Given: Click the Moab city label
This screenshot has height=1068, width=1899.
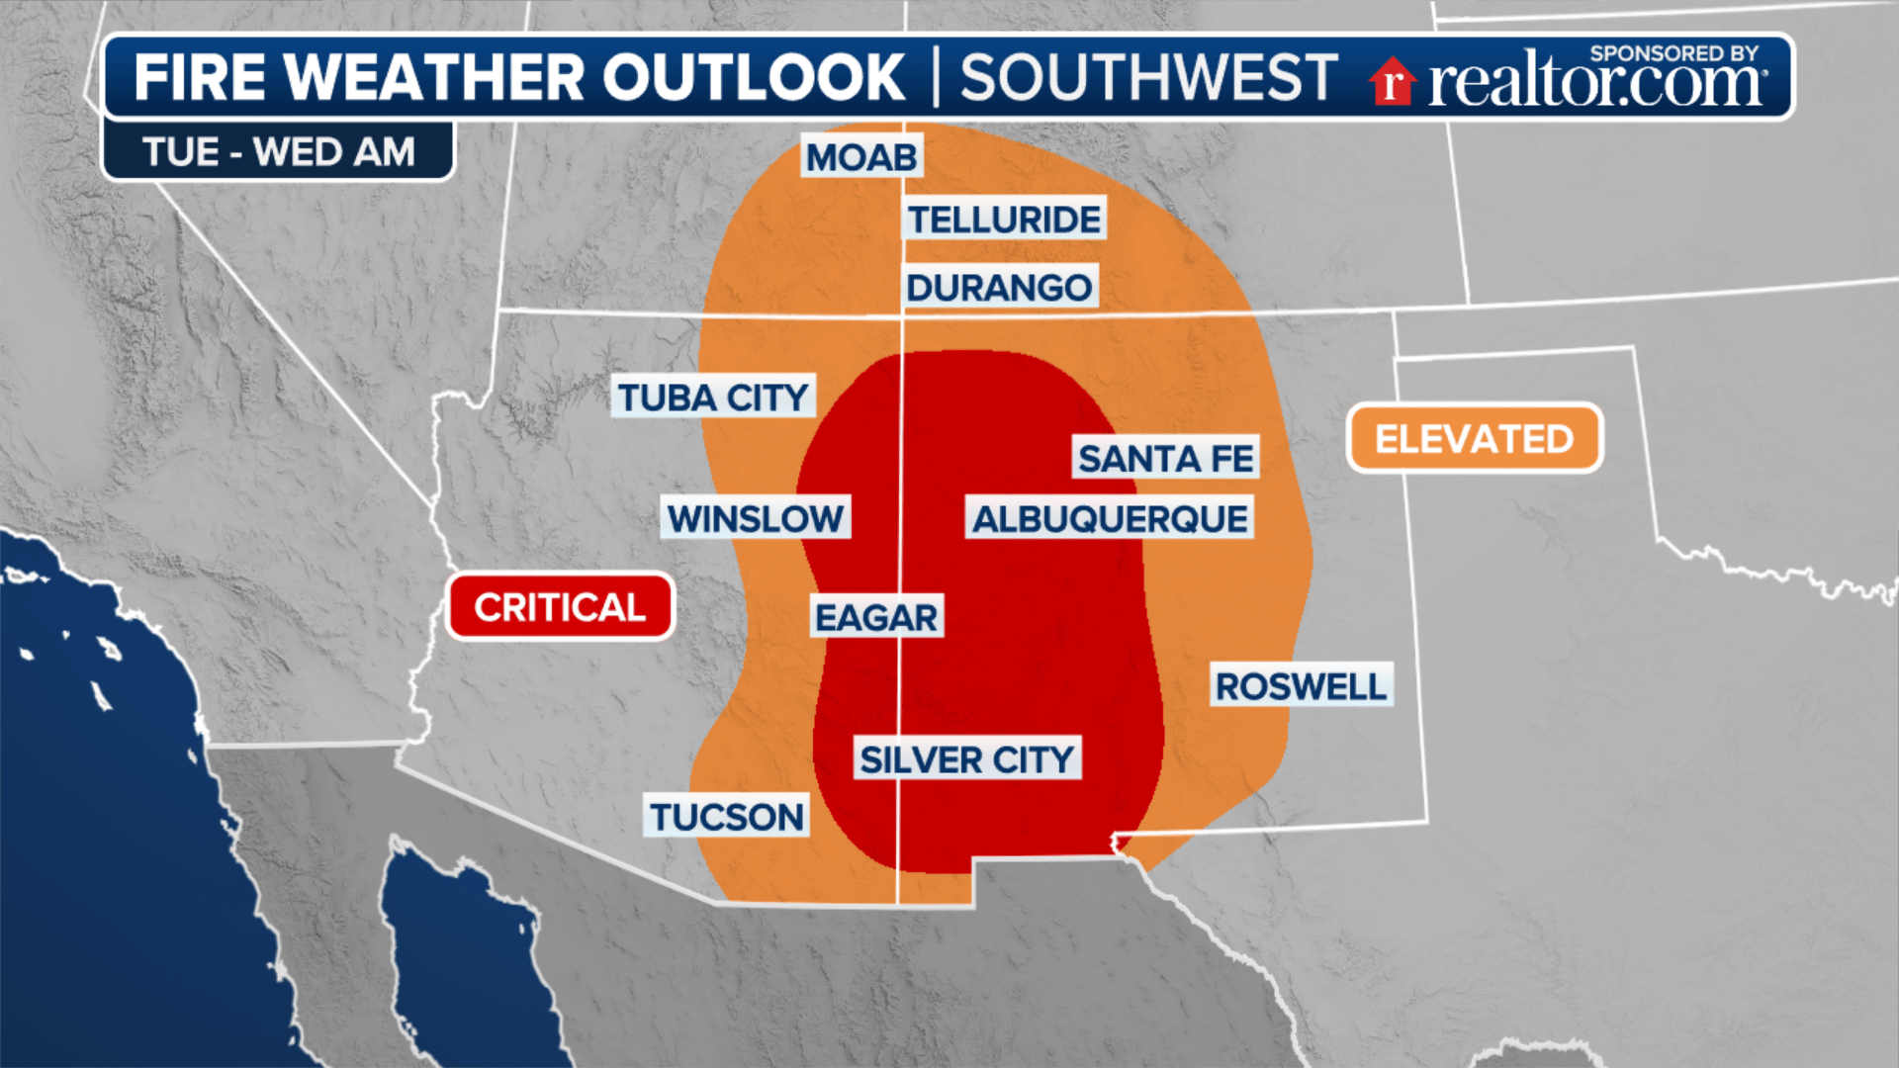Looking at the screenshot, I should click(x=861, y=157).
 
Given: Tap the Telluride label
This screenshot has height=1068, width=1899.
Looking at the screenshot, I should click(x=1004, y=220).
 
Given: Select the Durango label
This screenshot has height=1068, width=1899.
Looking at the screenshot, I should click(x=999, y=288).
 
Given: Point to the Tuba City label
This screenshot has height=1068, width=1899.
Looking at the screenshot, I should click(x=713, y=398).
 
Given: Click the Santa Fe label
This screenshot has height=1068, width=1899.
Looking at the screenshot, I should click(x=1165, y=459).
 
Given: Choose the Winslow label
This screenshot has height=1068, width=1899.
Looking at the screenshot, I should click(x=756, y=518).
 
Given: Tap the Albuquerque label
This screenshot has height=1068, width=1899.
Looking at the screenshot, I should click(x=1110, y=518).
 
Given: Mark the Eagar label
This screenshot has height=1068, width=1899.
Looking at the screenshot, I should click(x=876, y=617).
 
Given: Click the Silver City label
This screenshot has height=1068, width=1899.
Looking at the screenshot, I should click(x=966, y=759).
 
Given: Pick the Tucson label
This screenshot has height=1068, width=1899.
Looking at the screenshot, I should click(x=727, y=817).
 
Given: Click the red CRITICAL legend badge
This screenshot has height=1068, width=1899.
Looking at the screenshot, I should click(x=560, y=607).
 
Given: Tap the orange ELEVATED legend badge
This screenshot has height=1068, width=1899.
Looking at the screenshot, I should click(x=1474, y=439).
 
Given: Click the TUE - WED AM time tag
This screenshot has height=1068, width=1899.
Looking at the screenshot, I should click(x=278, y=152).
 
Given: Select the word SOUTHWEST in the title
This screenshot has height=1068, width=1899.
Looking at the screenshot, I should click(x=1148, y=77).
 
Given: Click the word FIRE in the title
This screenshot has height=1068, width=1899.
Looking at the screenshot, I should click(x=200, y=77).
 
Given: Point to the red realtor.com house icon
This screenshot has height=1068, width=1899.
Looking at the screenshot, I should click(x=1393, y=81).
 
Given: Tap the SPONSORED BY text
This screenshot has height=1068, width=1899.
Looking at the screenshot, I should click(x=1673, y=53).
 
